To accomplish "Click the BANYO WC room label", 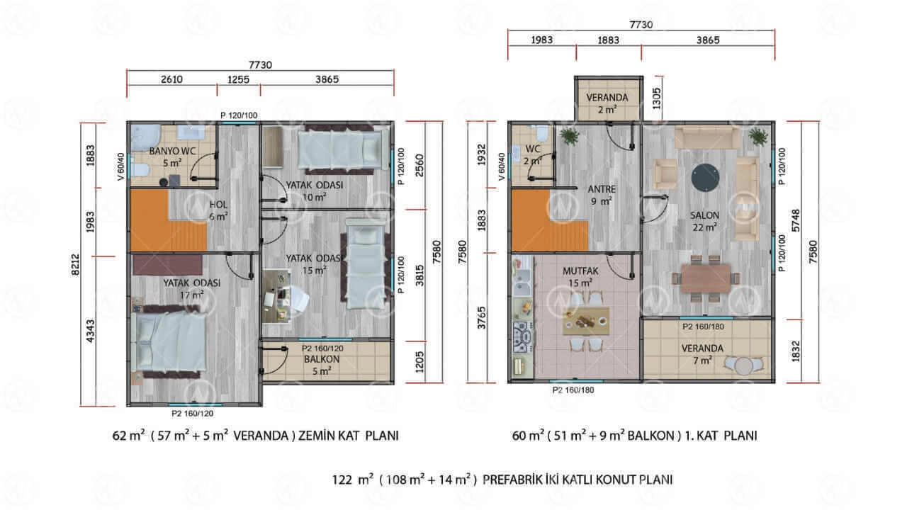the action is [172, 151].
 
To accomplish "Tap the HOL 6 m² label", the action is [218, 210].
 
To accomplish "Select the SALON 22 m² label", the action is [704, 222].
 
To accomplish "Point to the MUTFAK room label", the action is [580, 271].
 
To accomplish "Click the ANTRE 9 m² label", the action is [602, 195].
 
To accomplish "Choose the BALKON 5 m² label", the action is [322, 365].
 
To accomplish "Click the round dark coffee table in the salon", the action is [705, 178].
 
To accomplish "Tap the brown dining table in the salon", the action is [706, 278].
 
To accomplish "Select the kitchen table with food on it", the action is [586, 321].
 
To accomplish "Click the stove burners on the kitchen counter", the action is [523, 336].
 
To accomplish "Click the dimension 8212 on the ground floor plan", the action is [75, 265].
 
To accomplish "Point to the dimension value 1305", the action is [656, 98].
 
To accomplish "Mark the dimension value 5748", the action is [796, 220].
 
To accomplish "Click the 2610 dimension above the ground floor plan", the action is [171, 79].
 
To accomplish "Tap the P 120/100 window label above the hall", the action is [239, 115].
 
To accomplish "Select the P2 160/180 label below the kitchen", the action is [573, 390].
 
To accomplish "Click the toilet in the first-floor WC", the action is [542, 132].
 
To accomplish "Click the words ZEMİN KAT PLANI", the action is [348, 436].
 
